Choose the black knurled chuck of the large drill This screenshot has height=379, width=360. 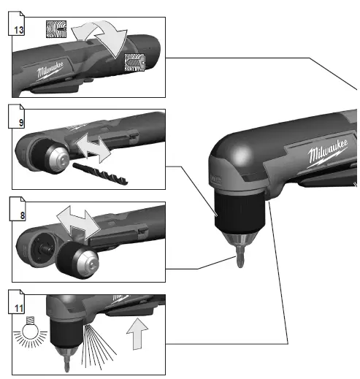234,215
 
